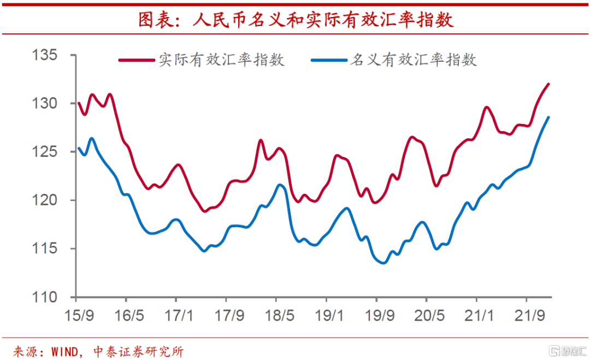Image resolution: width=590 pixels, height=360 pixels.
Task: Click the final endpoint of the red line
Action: (548, 84)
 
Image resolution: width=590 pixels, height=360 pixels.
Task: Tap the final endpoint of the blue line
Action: (548, 117)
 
